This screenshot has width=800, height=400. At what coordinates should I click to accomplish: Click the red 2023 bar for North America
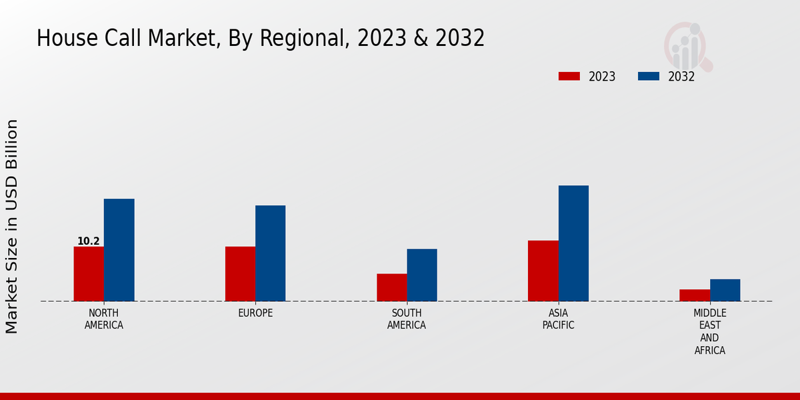pos(89,274)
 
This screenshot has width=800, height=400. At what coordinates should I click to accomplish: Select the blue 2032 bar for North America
pos(119,250)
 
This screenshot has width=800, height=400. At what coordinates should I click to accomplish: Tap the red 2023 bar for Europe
pos(240,274)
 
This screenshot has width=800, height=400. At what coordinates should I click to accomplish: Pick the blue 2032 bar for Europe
pos(270,253)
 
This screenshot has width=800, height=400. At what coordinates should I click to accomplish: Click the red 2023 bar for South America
pos(391,287)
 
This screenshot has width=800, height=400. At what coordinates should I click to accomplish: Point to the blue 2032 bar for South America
pos(422,275)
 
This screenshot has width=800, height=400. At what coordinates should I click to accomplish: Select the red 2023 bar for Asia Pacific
pos(543,271)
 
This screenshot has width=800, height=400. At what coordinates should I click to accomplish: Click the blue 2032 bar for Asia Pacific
pos(573,243)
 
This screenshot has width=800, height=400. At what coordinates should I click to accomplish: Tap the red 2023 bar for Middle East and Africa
pos(695,295)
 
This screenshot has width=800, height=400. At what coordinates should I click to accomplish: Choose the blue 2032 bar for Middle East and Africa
pos(725,290)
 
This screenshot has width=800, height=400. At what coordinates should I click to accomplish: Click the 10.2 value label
pos(89,241)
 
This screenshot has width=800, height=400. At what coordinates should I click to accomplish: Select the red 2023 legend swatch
pos(569,77)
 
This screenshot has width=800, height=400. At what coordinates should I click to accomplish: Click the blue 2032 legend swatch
pos(648,77)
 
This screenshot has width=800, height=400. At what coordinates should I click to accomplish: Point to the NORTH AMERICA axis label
pos(104,319)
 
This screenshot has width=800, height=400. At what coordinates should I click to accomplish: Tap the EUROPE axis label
pos(255,313)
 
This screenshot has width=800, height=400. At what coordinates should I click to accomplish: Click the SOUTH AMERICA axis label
pos(407,319)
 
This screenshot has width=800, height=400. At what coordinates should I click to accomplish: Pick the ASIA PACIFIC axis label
pos(558,319)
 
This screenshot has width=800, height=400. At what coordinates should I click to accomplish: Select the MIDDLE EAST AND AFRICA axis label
pos(710,332)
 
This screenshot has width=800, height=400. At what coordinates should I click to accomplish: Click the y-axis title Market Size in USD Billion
pos(12,227)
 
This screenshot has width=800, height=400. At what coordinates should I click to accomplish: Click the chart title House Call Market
pos(260,39)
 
